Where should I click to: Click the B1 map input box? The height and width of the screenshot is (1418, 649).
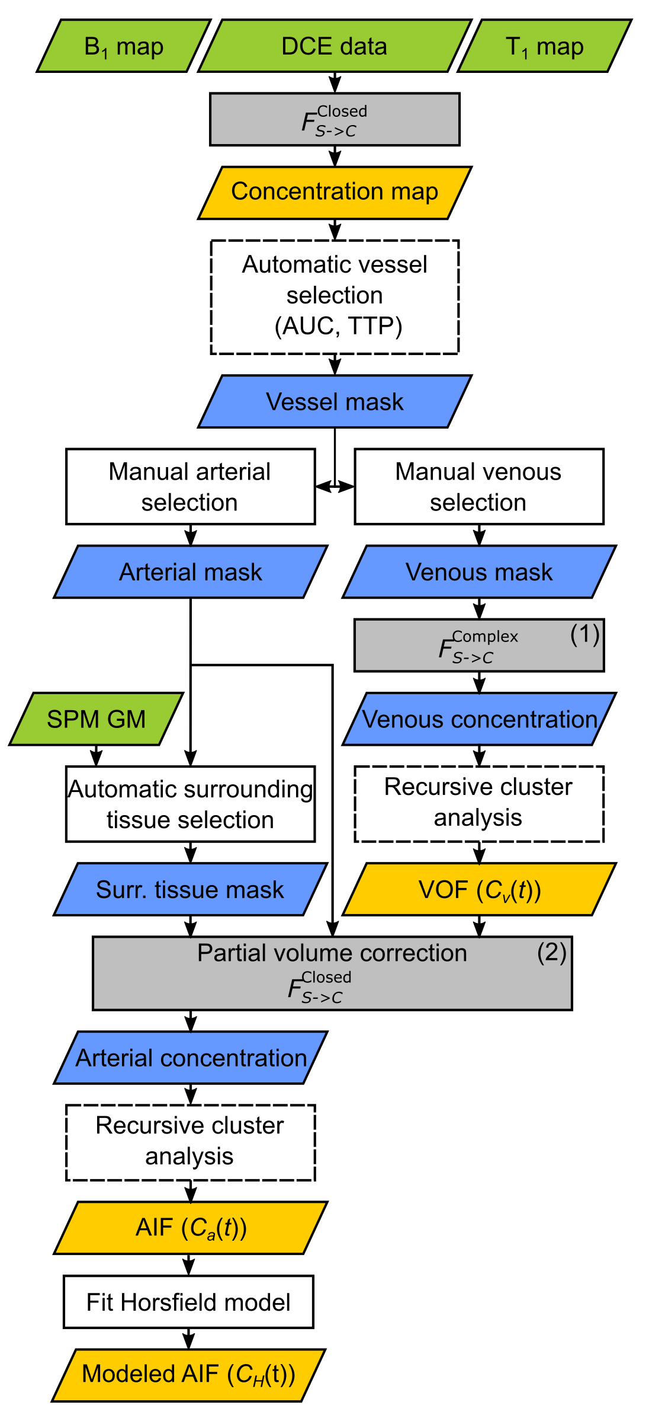124,46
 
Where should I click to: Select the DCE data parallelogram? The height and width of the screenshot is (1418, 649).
335,46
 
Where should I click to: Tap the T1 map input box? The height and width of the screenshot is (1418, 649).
545,46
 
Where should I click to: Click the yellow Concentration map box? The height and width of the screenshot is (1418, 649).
335,192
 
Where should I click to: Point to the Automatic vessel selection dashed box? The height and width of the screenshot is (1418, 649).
335,296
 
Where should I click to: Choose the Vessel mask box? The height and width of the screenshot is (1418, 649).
335,401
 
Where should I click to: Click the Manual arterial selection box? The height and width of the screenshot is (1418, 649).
190,487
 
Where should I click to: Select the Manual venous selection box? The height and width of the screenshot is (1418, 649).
478,487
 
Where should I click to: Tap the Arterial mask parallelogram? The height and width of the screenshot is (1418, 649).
190,572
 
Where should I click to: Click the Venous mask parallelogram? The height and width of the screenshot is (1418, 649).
478,572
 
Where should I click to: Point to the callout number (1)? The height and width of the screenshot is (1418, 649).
584,634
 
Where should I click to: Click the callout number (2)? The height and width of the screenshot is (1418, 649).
551,952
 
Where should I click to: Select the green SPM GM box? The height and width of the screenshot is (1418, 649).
96,719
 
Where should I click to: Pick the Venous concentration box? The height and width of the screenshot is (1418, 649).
478,719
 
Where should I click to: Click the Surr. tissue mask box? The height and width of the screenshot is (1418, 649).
190,889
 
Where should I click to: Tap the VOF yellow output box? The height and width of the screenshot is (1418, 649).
478,889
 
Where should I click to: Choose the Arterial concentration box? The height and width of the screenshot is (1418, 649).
190,1058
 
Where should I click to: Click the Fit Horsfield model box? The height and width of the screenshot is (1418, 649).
188,1302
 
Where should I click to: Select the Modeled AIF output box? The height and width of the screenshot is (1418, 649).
188,1374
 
